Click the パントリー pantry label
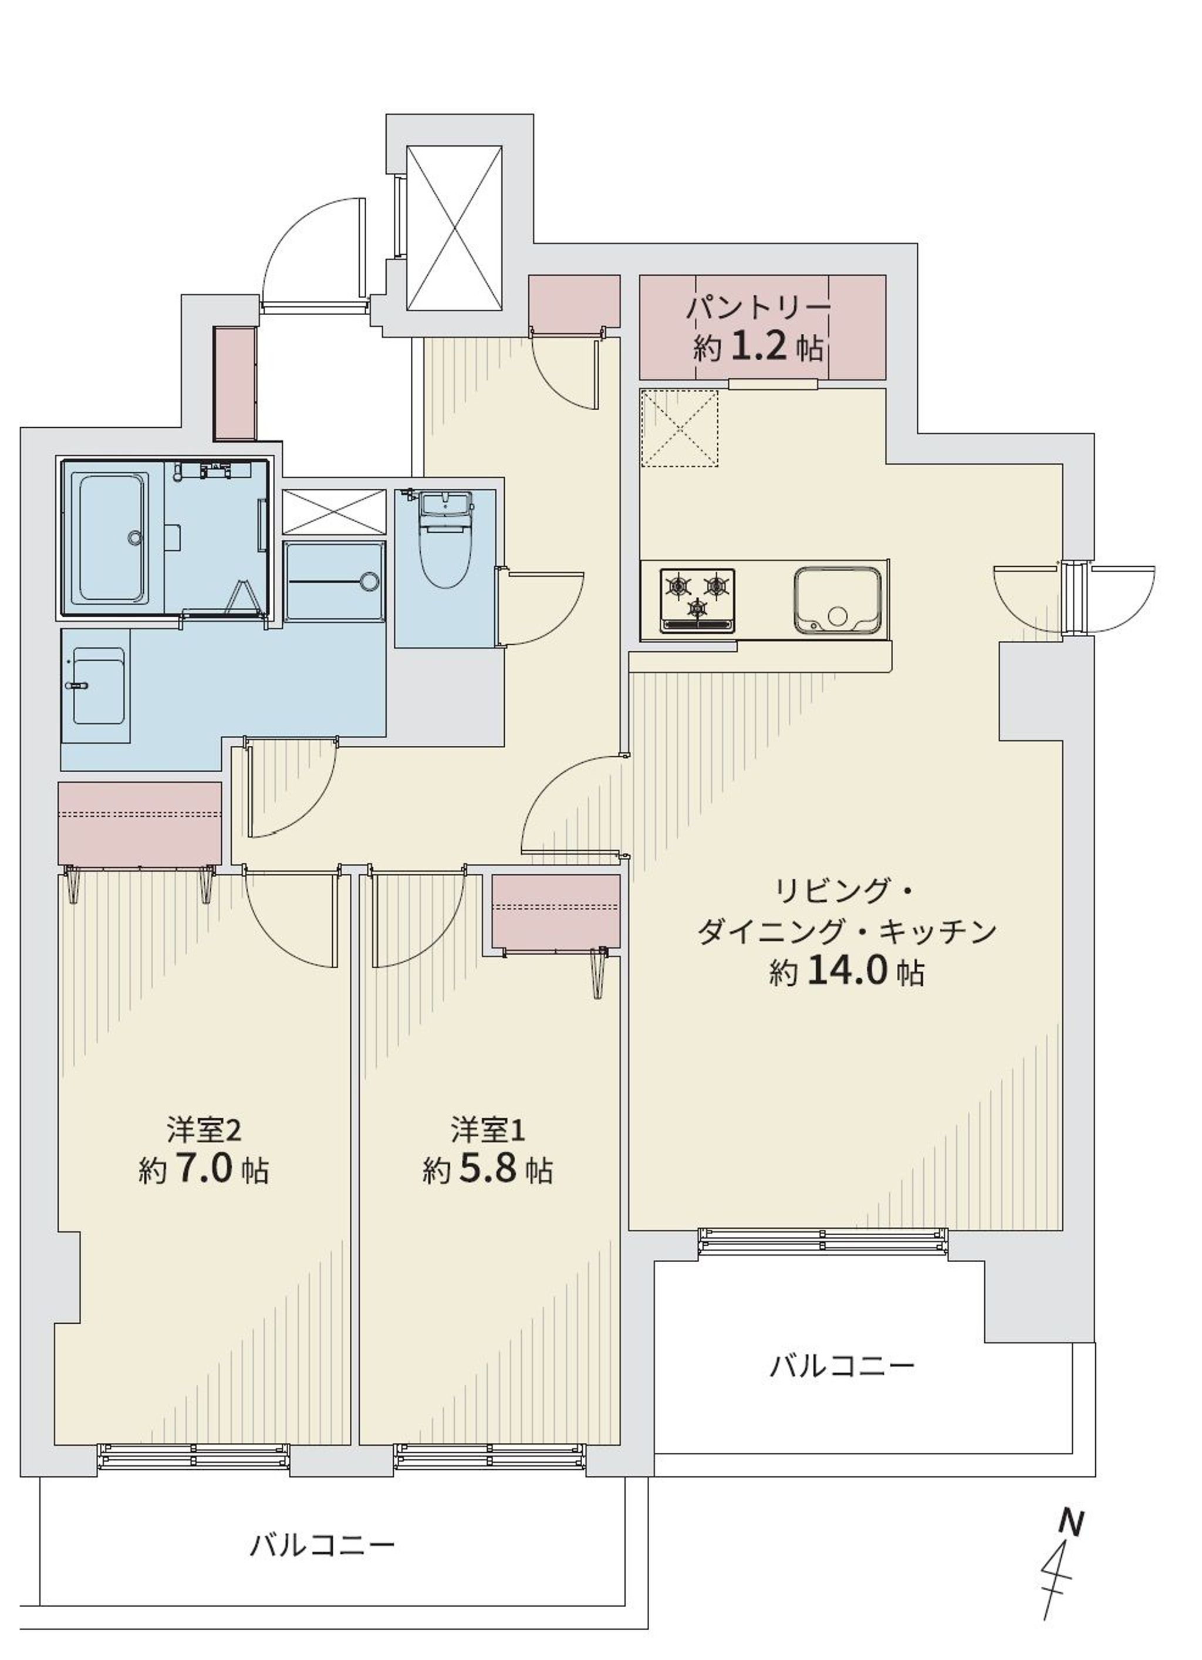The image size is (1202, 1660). (758, 308)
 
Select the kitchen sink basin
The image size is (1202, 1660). (839, 599)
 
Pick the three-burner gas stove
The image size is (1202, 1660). (698, 600)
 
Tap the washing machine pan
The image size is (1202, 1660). (335, 582)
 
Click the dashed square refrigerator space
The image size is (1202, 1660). (679, 427)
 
